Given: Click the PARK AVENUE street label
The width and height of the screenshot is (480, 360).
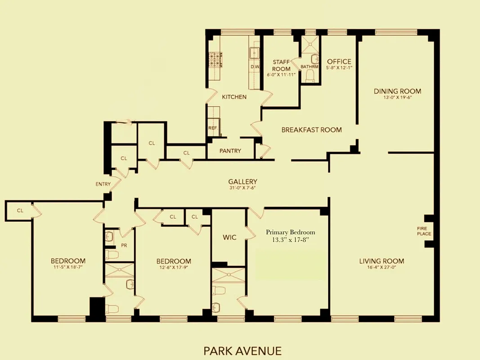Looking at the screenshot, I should click(x=242, y=351).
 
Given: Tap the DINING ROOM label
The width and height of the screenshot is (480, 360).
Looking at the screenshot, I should click(x=397, y=91).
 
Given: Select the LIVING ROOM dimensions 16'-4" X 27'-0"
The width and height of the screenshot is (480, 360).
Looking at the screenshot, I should click(x=381, y=267).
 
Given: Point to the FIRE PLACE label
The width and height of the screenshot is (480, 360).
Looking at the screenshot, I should click(x=424, y=231).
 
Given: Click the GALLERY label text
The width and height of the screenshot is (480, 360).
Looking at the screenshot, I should click(x=242, y=182).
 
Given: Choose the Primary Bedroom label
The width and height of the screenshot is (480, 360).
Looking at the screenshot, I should click(x=290, y=232).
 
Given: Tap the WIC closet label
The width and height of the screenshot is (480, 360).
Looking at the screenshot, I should click(x=229, y=237).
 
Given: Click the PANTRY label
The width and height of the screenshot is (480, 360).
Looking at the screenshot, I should click(x=230, y=151).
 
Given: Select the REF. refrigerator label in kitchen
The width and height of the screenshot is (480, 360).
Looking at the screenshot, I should click(x=212, y=128).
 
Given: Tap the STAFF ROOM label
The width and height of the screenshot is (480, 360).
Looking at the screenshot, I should click(x=281, y=66).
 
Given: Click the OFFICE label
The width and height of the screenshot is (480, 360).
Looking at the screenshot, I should click(x=339, y=62).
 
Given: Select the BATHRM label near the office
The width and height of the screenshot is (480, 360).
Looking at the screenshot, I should click(x=310, y=67).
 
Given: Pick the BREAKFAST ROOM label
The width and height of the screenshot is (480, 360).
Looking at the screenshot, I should click(x=311, y=130).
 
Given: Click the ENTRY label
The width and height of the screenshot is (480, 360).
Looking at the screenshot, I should click(x=103, y=184).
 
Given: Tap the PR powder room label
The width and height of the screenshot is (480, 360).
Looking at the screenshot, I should click(x=124, y=246).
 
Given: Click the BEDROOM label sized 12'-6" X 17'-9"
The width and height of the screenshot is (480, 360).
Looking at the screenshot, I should click(x=174, y=261).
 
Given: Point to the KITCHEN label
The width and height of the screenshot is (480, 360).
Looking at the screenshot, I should click(x=234, y=97).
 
